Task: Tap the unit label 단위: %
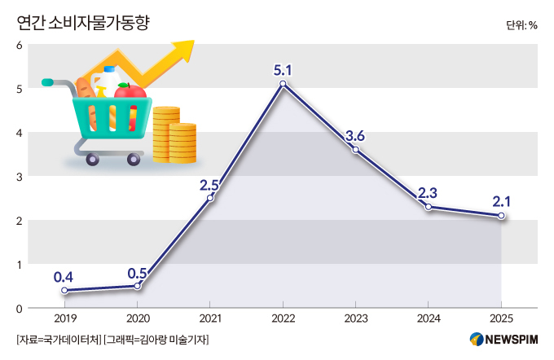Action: click(521, 24)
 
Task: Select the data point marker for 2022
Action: click(283, 84)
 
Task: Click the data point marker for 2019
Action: click(64, 291)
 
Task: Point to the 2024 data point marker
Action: click(428, 207)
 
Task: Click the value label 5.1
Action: click(283, 68)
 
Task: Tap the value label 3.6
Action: click(355, 135)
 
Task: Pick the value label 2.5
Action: click(210, 183)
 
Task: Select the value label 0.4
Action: click(64, 275)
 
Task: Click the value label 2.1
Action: click(501, 200)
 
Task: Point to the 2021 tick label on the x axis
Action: click(210, 318)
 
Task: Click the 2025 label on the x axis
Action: click(501, 318)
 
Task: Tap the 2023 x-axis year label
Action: click(355, 318)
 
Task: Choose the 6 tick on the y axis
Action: click(19, 44)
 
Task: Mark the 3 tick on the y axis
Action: click(19, 176)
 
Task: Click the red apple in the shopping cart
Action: click(129, 90)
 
